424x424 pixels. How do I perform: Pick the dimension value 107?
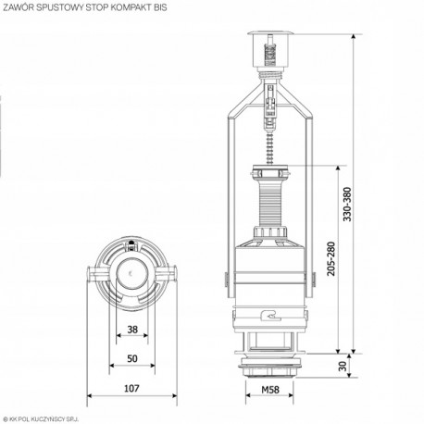(132, 389)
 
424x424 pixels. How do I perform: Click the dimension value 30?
(343, 367)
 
